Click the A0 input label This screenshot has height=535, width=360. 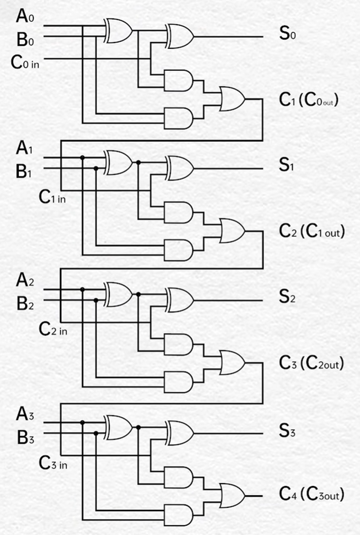pyautogui.click(x=25, y=17)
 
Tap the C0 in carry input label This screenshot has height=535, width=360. pyautogui.click(x=25, y=63)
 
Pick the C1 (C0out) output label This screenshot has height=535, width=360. pyautogui.click(x=309, y=100)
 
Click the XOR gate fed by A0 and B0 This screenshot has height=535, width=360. pyautogui.click(x=119, y=30)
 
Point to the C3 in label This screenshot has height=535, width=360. pyautogui.click(x=53, y=463)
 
